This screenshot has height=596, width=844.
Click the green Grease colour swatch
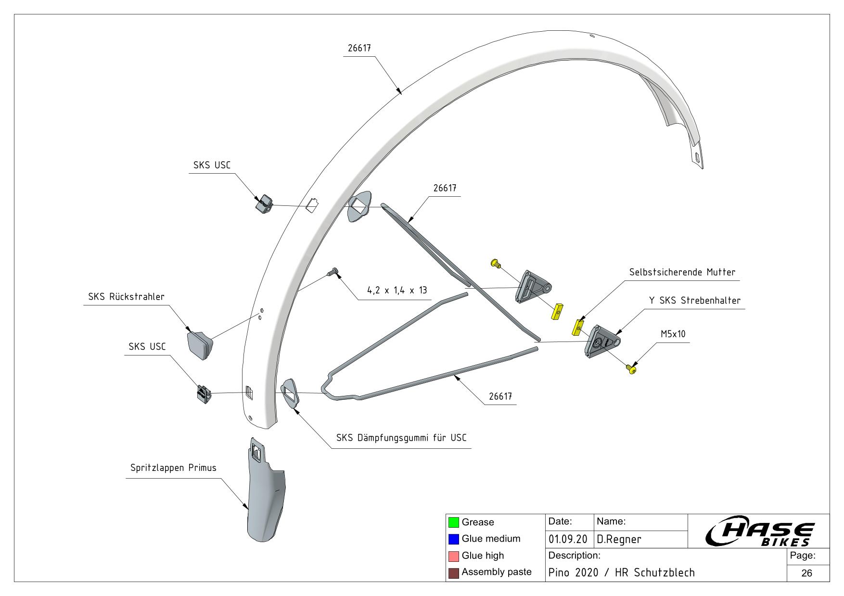(x=453, y=522)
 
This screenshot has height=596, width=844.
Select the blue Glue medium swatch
(x=453, y=539)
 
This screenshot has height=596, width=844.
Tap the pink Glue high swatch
(x=453, y=556)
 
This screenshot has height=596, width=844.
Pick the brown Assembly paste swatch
(x=453, y=573)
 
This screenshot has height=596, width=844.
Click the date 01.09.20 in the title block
(x=568, y=540)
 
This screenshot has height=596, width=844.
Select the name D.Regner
(x=619, y=540)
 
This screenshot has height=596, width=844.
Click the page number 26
(x=806, y=573)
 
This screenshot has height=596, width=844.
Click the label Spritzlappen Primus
(x=173, y=468)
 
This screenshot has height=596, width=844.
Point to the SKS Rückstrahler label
(x=126, y=297)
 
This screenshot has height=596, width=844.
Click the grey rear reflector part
(x=200, y=344)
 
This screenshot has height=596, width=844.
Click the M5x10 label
(x=673, y=334)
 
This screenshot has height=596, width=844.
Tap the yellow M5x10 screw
(x=631, y=369)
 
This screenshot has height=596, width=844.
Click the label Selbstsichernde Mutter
(x=682, y=272)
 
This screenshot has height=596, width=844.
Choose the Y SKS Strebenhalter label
(x=694, y=301)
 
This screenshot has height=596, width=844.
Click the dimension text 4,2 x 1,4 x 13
(x=397, y=291)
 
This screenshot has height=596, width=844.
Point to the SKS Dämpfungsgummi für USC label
(x=401, y=438)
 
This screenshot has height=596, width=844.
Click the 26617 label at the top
(x=359, y=48)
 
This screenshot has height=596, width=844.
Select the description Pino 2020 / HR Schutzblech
(x=622, y=573)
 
